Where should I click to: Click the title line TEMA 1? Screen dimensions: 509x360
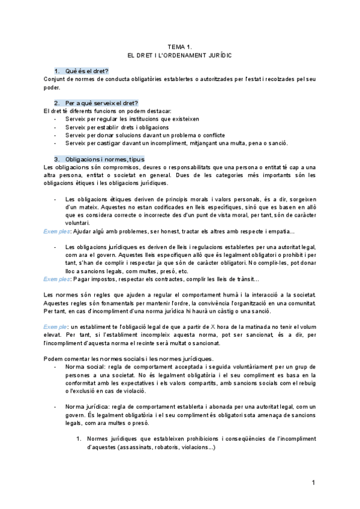pos(179,46)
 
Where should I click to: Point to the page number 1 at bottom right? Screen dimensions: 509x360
pos(313,482)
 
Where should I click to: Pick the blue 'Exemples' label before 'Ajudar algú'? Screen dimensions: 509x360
pos(56,230)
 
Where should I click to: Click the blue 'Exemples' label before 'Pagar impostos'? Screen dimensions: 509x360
pos(56,279)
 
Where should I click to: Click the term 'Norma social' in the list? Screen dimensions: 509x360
pos(83,366)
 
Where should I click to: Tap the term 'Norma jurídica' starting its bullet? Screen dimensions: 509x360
pos(87,406)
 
